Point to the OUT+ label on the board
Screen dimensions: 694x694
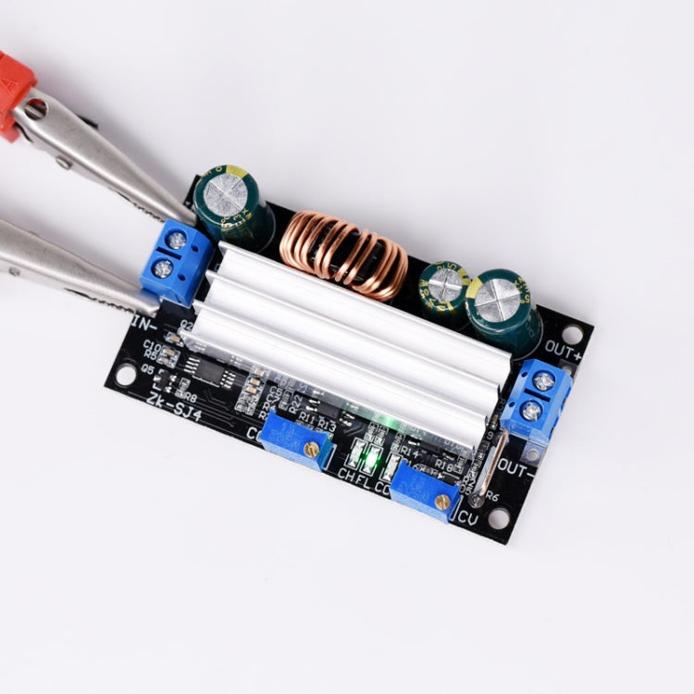(x=564, y=351)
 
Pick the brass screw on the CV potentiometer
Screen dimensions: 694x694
(x=442, y=502)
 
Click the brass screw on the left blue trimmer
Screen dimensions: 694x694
(x=312, y=450)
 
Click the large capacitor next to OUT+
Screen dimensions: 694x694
(x=501, y=309)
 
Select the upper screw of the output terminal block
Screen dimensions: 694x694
(x=544, y=380)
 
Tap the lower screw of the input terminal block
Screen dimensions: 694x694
(x=164, y=269)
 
